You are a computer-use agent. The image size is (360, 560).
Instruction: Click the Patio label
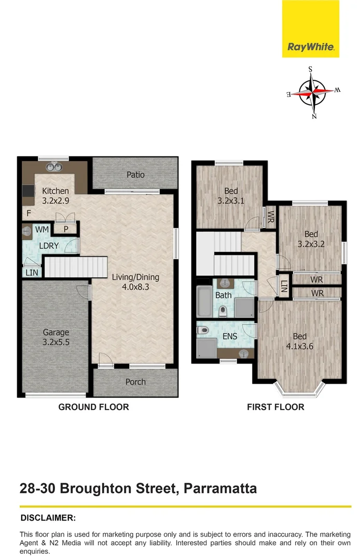coord(135,175)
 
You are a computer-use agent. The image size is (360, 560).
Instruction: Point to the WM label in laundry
coord(42,229)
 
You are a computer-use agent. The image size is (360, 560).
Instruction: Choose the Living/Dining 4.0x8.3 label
coord(135,282)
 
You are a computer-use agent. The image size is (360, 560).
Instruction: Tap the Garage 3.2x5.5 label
coord(56,337)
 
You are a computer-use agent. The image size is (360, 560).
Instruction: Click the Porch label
coord(135,382)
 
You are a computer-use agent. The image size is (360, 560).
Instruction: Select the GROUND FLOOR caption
coord(93,407)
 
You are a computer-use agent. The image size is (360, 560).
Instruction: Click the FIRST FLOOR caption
coord(275,407)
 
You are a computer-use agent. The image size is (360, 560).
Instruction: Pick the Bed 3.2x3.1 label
coord(231,195)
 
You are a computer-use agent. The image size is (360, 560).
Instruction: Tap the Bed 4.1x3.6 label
coord(299,340)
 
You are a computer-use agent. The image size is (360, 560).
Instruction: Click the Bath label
coord(223,296)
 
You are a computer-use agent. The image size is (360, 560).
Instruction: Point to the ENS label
coord(229,337)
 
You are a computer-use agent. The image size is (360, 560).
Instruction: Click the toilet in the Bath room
coord(223,311)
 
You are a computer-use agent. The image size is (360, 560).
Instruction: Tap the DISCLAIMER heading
coord(48,517)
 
